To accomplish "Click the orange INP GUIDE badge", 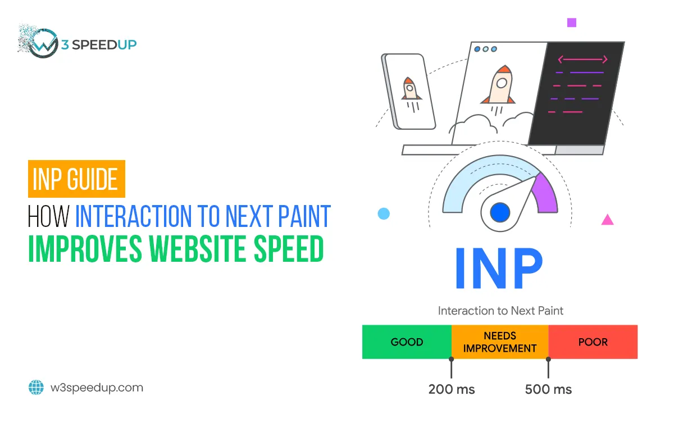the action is point(76,179).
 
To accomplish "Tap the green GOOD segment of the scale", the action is point(407,342).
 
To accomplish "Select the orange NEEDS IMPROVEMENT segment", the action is point(500,342).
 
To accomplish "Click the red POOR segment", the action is point(593,342).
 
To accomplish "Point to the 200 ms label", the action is point(452,389).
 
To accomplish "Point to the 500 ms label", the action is point(548,389).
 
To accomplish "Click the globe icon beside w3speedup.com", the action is point(36,387).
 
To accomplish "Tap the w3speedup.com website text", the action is point(97,388).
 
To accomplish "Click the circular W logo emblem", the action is point(44,43).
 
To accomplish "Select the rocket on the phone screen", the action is point(411,94).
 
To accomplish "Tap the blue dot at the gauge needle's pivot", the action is point(500,212).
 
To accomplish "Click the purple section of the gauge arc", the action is point(546,194).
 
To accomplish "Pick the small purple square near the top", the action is point(572,22).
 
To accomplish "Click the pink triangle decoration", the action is point(608,220).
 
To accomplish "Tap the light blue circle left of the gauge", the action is point(384,213).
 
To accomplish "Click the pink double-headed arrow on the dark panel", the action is point(583,60).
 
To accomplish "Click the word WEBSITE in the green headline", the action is point(197,249).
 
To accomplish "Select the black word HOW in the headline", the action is point(48,216).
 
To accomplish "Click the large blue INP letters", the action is point(499,269).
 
